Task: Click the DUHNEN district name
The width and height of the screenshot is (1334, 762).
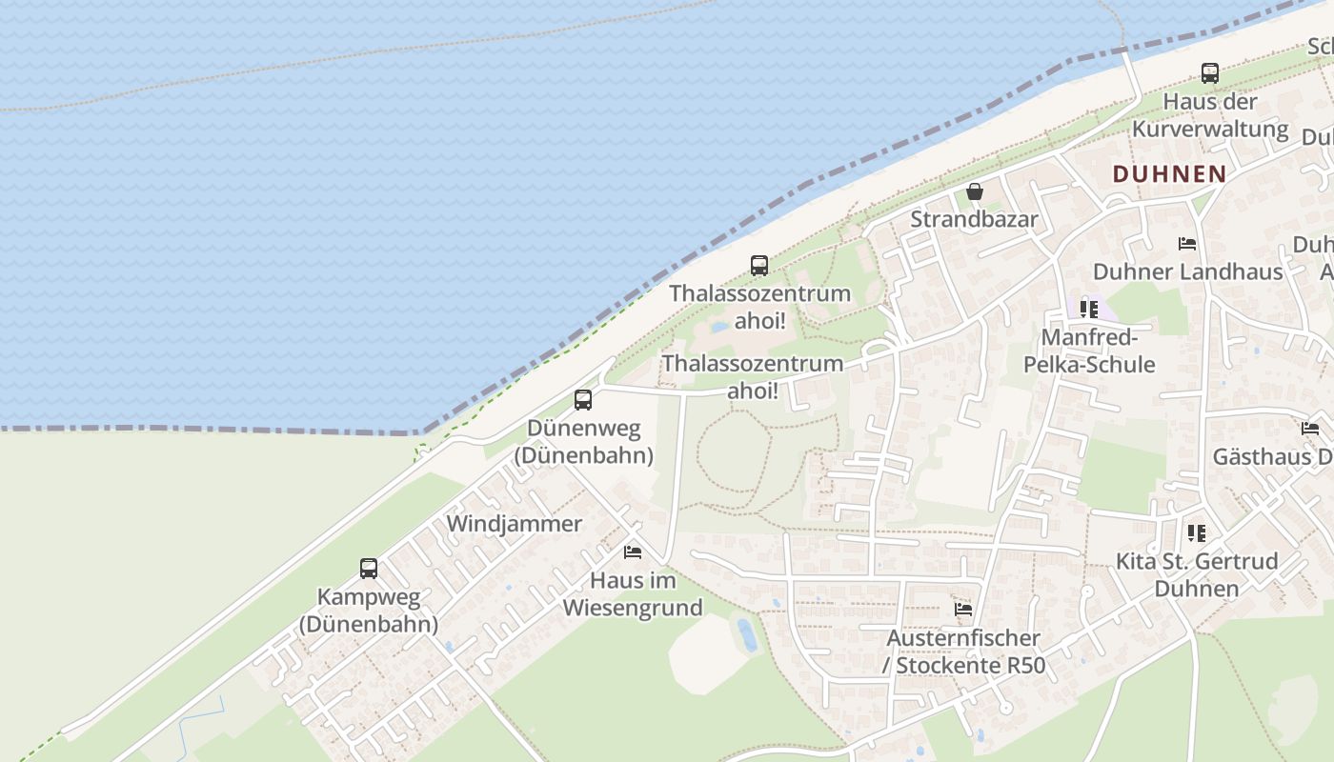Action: tap(1169, 173)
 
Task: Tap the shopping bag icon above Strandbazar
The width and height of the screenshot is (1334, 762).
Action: tap(975, 191)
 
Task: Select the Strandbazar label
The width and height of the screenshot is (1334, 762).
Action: tap(974, 219)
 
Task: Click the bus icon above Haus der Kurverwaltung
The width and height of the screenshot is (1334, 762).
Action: tap(1209, 73)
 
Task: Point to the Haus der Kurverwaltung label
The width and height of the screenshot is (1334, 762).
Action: tap(1210, 115)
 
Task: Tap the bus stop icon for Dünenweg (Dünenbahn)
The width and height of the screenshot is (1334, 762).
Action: tap(583, 400)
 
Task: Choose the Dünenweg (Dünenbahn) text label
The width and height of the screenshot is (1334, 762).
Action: tap(583, 442)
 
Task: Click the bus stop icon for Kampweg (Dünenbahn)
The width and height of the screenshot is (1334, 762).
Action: tap(369, 569)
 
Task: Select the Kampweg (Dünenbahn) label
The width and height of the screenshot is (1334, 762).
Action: tap(368, 611)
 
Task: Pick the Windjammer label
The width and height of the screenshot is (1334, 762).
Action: tap(514, 524)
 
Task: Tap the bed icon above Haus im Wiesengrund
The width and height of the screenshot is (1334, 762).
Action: tap(632, 551)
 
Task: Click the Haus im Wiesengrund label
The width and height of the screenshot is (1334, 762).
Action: tap(633, 593)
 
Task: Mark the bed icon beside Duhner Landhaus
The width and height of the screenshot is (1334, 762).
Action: tap(1187, 244)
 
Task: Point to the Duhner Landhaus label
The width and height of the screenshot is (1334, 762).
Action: tap(1187, 271)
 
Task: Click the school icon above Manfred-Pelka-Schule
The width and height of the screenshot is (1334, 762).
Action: tap(1088, 309)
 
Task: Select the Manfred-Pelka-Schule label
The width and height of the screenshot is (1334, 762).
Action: tap(1088, 351)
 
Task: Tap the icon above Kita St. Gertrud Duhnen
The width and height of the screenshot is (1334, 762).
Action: tap(1196, 533)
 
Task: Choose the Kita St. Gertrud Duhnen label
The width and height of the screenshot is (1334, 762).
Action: tap(1197, 574)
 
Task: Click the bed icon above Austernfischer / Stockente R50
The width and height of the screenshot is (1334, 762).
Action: tap(963, 610)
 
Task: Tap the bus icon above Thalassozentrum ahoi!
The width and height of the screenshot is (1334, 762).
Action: tap(759, 266)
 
